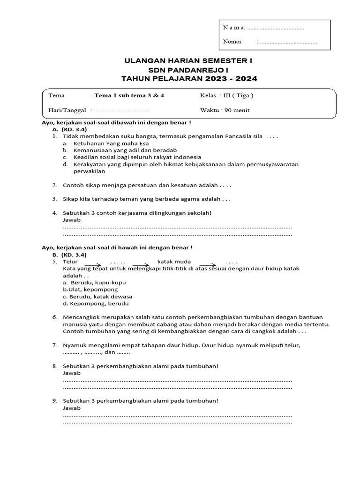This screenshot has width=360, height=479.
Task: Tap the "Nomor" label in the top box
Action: [x=232, y=42]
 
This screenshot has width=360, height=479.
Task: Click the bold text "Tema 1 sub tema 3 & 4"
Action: [x=129, y=95]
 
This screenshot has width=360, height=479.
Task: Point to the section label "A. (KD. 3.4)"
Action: [x=69, y=129]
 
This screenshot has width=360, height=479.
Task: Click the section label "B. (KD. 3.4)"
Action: [x=69, y=254]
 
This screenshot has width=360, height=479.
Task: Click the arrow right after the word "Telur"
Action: [x=93, y=264]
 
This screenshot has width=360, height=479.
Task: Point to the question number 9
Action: [x=55, y=400]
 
